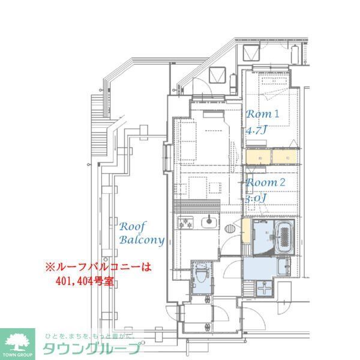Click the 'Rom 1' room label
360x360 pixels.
coord(263,114)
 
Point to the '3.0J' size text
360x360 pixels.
coord(255,197)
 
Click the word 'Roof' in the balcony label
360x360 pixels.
coord(132,227)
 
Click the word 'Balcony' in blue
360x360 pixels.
coord(142,240)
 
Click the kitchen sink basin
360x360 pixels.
coord(208,226)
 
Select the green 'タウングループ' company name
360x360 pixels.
coord(92,349)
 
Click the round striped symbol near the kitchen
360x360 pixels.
coord(229,228)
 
